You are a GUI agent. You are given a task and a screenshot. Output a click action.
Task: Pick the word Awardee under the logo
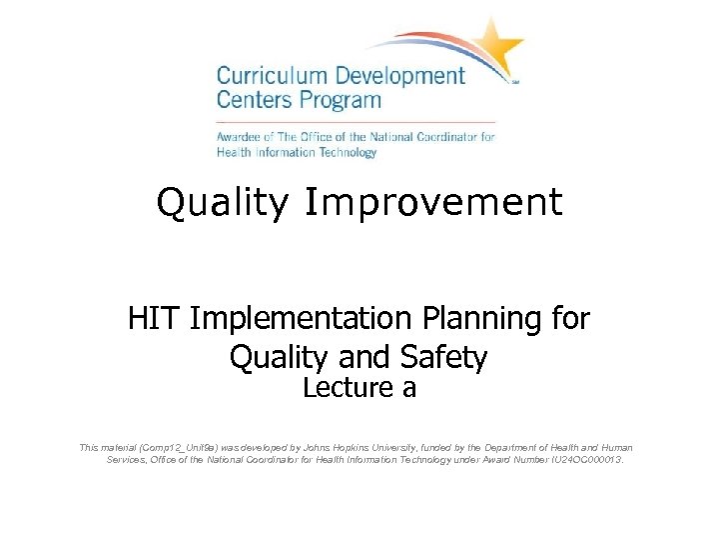click(243, 136)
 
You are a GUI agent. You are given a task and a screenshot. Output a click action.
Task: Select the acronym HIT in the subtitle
click(155, 319)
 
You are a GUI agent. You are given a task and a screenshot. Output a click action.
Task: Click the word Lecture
click(345, 388)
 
